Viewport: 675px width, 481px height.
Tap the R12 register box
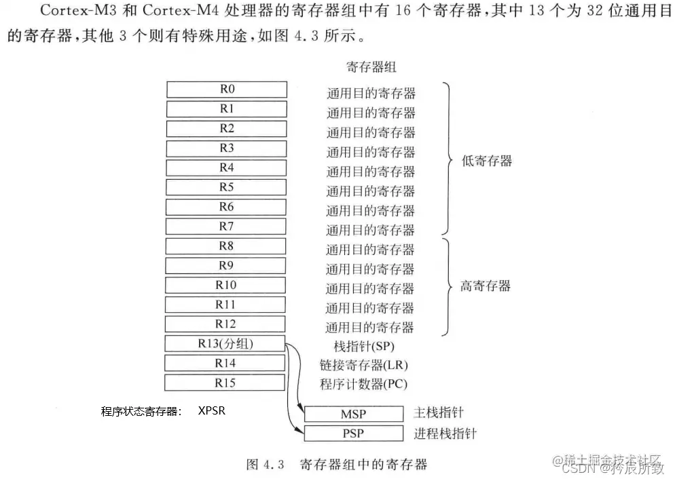point(226,324)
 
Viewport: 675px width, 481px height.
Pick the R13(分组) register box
point(226,343)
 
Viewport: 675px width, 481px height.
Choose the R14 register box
point(226,363)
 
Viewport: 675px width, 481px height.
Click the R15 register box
point(226,383)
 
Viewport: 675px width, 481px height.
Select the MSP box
point(353,414)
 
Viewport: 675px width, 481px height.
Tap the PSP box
point(353,433)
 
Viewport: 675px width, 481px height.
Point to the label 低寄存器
point(486,161)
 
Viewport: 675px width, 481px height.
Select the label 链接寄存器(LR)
point(364,365)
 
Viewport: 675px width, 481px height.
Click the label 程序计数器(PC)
point(364,385)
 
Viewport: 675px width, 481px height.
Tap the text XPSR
point(213,410)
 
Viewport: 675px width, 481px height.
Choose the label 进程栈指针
point(445,433)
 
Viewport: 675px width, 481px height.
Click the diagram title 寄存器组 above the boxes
point(371,67)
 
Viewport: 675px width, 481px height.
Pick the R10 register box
point(226,285)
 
